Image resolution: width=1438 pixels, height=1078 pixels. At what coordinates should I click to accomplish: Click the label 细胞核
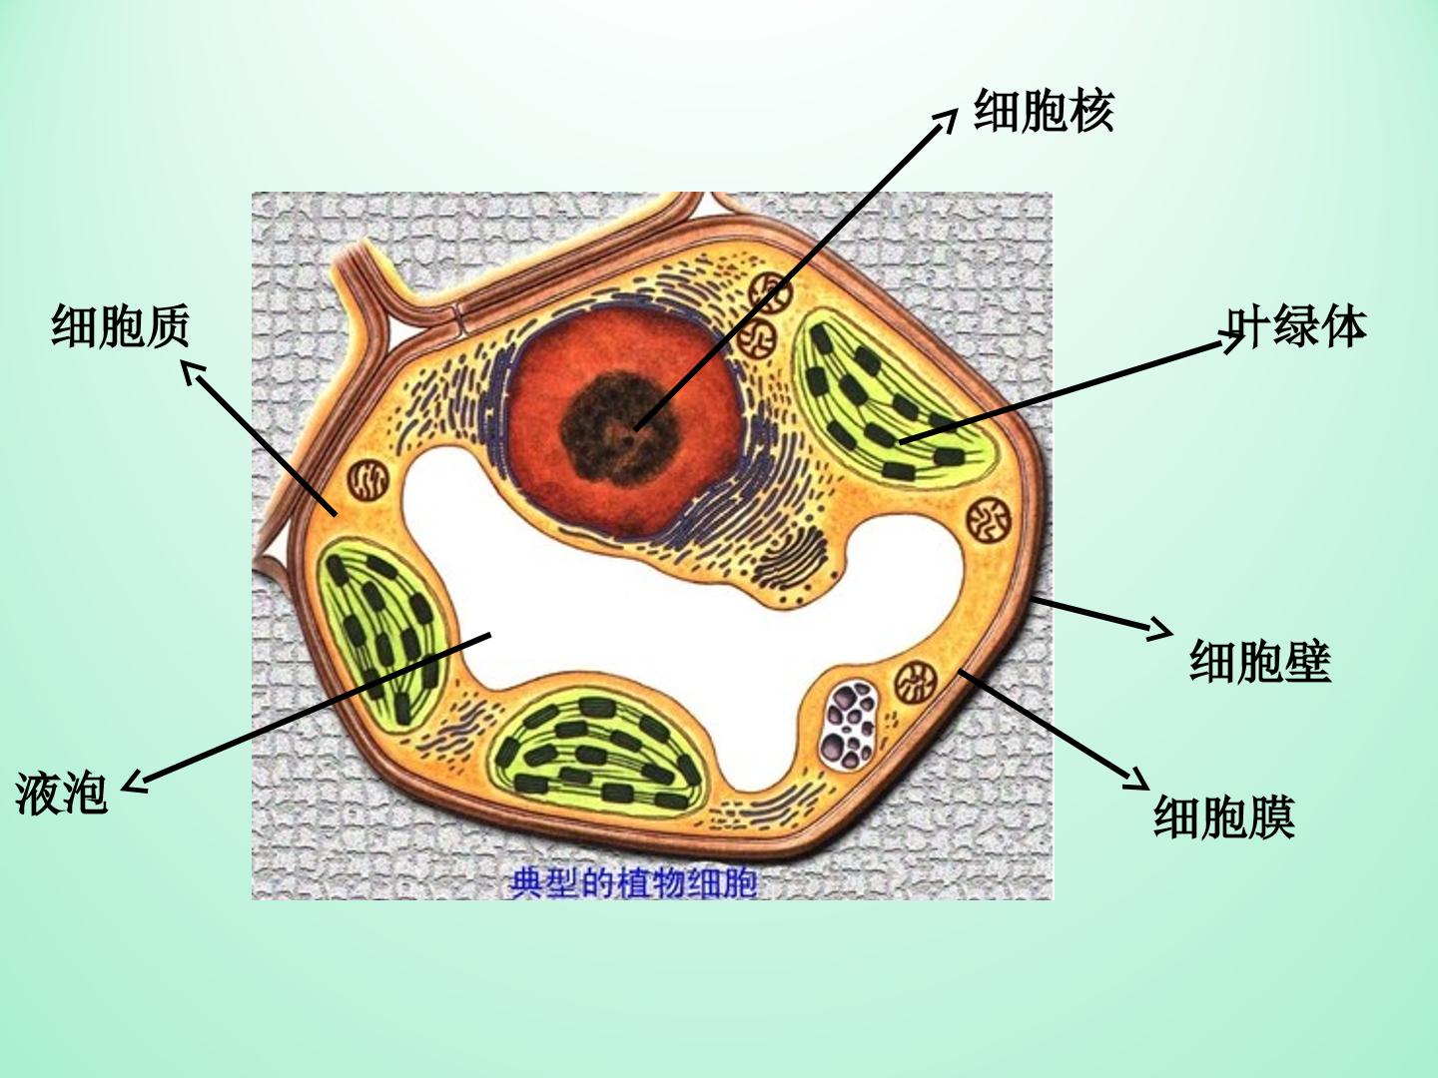click(1044, 111)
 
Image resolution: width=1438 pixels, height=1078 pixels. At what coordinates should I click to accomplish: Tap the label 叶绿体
click(1296, 326)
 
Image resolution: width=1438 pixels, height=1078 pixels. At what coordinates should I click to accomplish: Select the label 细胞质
click(121, 325)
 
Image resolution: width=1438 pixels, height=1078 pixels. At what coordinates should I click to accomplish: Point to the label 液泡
click(61, 794)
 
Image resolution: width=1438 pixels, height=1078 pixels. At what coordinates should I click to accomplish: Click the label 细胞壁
click(1260, 662)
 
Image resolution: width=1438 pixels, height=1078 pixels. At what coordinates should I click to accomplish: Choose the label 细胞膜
click(1224, 816)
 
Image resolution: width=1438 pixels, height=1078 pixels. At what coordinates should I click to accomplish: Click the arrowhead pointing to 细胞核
click(946, 121)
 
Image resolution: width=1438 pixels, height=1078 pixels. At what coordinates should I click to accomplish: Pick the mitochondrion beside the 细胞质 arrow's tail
click(367, 481)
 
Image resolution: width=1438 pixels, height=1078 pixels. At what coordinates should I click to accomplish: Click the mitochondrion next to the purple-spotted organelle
click(916, 683)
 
